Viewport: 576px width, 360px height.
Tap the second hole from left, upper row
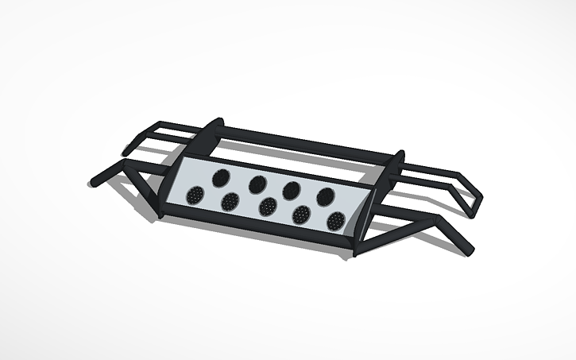click(257, 184)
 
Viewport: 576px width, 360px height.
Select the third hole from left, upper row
click(291, 189)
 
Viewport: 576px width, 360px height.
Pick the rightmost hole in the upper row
click(324, 195)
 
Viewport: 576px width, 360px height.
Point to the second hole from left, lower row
click(230, 201)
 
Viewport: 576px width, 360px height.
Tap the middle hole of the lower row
click(268, 207)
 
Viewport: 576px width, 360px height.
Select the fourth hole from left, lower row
click(301, 214)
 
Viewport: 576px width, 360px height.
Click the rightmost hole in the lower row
click(335, 221)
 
